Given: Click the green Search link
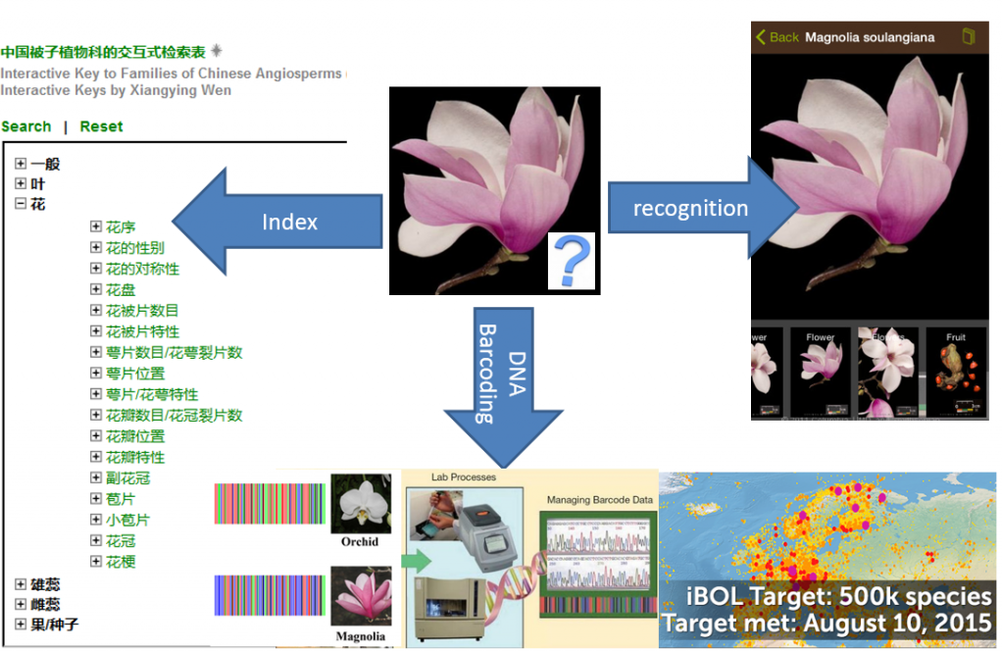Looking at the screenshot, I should [26, 126].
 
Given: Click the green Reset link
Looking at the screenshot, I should [102, 126].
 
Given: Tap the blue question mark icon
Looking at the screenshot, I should [571, 263].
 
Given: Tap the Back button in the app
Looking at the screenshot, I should [777, 37].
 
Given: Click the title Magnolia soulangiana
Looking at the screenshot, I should [870, 37].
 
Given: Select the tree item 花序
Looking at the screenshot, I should [121, 226].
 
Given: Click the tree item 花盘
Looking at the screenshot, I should [121, 289].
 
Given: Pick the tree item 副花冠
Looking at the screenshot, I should [127, 478].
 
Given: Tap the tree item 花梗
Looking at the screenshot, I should [121, 562].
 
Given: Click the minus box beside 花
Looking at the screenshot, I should [21, 205].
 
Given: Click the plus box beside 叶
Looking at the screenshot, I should [21, 184].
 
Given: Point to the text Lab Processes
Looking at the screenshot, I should [464, 477].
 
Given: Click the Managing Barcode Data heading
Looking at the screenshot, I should [600, 500].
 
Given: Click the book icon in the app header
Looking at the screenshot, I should [969, 37].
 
